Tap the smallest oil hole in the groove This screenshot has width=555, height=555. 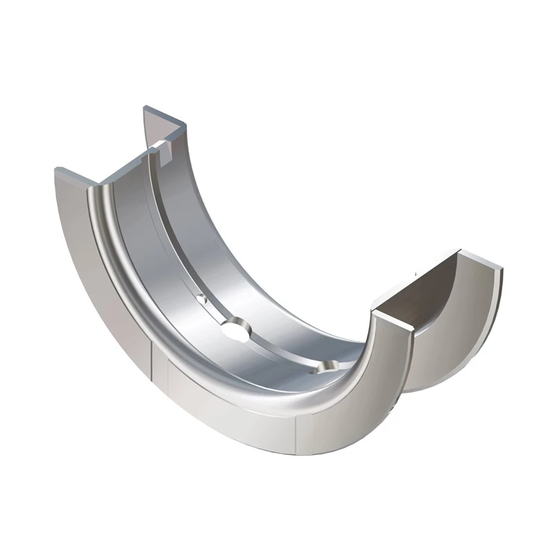pyautogui.click(x=202, y=298)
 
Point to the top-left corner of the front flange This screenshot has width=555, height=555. pyautogui.click(x=56, y=170)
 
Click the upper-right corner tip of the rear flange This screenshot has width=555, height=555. pyautogui.click(x=500, y=268)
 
